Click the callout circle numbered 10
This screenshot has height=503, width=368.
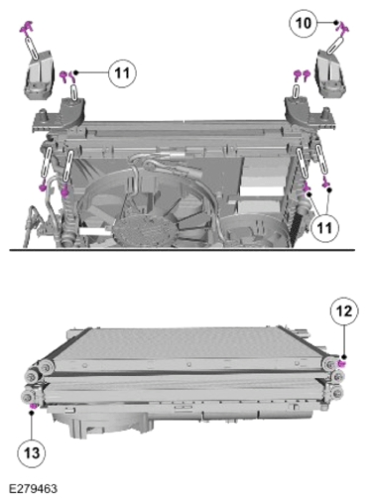pos(303,23)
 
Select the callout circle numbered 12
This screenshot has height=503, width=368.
pos(344,312)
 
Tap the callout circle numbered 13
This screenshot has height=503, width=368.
pos(32,453)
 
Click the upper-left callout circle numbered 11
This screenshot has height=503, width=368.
pos(122,73)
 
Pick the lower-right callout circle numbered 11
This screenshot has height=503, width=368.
pos(324,227)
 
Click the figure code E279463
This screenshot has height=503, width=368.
pos(33,489)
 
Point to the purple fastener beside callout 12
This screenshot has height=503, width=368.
pos(341,364)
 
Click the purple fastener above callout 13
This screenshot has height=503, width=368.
pos(33,406)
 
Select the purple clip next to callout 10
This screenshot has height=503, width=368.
pos(344,29)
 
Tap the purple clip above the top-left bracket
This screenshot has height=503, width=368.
pos(26,27)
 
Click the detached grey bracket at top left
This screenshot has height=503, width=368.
pos(39,75)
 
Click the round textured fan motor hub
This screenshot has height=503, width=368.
pos(142,231)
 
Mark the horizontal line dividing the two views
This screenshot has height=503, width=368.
pos(182,250)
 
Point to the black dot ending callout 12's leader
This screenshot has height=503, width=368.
pos(344,357)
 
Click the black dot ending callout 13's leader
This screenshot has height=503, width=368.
pos(32,413)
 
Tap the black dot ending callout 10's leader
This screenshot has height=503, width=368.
pos(335,23)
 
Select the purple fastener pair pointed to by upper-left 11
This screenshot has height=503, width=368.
pos(66,76)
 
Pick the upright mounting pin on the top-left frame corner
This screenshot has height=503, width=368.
pos(43,114)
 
